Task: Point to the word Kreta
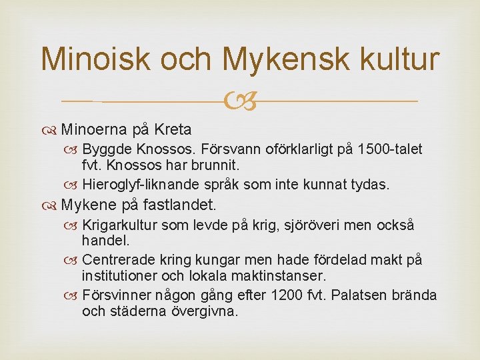click(173, 129)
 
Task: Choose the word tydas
click(369, 183)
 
